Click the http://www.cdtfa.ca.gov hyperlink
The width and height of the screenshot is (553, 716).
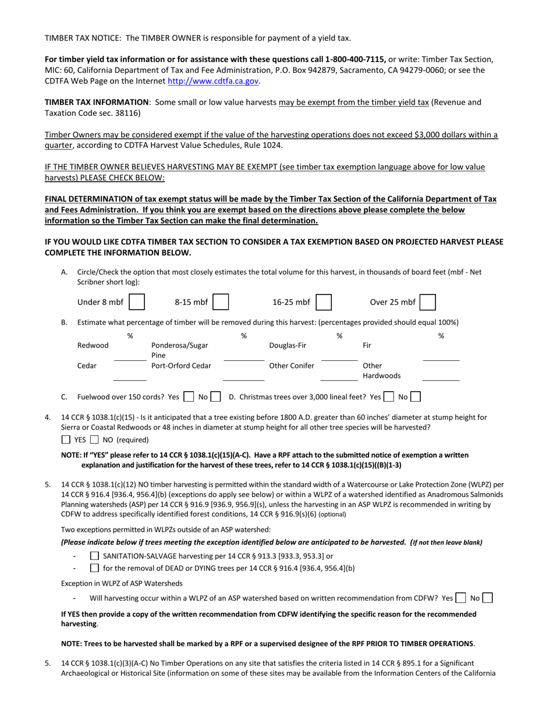pyautogui.click(x=213, y=81)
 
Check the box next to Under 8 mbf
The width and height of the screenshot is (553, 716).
pyautogui.click(x=137, y=302)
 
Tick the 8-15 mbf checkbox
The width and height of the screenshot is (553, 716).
pyautogui.click(x=221, y=302)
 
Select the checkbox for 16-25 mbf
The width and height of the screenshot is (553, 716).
pyautogui.click(x=324, y=302)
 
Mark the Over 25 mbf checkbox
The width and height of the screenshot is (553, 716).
pyautogui.click(x=428, y=302)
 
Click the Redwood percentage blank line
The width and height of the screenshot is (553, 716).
pyautogui.click(x=130, y=356)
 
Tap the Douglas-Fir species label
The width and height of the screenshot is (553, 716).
pyautogui.click(x=288, y=345)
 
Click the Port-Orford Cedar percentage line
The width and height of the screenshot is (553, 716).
pyautogui.click(x=243, y=376)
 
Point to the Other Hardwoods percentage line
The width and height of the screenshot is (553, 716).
pyautogui.click(x=441, y=376)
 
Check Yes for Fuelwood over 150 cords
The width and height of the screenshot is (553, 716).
pyautogui.click(x=188, y=397)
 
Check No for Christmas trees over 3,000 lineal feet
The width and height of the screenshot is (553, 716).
pyautogui.click(x=415, y=397)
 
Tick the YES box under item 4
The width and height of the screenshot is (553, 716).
pyautogui.click(x=66, y=439)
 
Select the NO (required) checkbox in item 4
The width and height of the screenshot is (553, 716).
pyautogui.click(x=94, y=439)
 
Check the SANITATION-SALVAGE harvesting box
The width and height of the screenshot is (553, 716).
pyautogui.click(x=94, y=556)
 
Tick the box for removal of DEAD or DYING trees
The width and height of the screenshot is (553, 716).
pyautogui.click(x=94, y=568)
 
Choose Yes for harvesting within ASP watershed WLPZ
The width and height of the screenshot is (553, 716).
pyautogui.click(x=460, y=598)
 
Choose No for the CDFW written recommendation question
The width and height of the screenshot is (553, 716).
pyautogui.click(x=488, y=598)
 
